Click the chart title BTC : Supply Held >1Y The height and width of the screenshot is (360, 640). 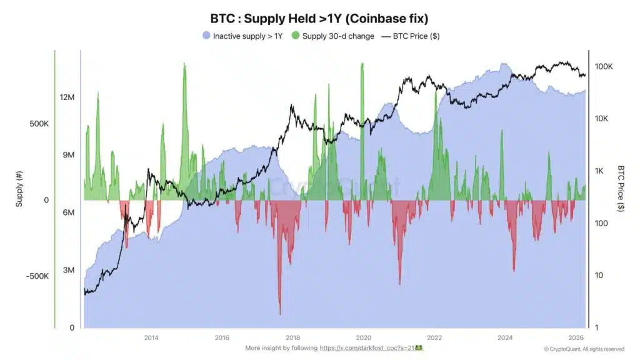click(319, 18)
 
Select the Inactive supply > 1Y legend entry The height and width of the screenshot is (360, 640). click(242, 36)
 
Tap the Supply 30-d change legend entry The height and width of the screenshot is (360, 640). click(333, 36)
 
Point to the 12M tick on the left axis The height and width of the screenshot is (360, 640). click(67, 97)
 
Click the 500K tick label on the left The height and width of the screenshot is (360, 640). click(39, 124)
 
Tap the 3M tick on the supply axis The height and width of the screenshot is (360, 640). click(67, 270)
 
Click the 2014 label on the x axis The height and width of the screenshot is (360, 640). click(151, 337)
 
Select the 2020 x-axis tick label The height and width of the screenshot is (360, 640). click(364, 337)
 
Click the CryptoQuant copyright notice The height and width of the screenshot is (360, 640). click(584, 349)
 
